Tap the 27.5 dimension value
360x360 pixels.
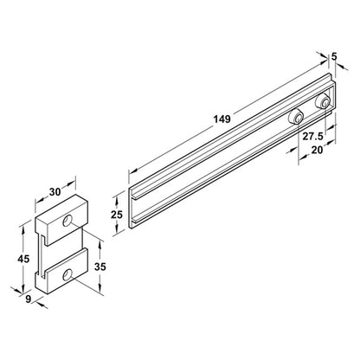(x=312, y=137)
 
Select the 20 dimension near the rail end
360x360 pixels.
(x=318, y=149)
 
